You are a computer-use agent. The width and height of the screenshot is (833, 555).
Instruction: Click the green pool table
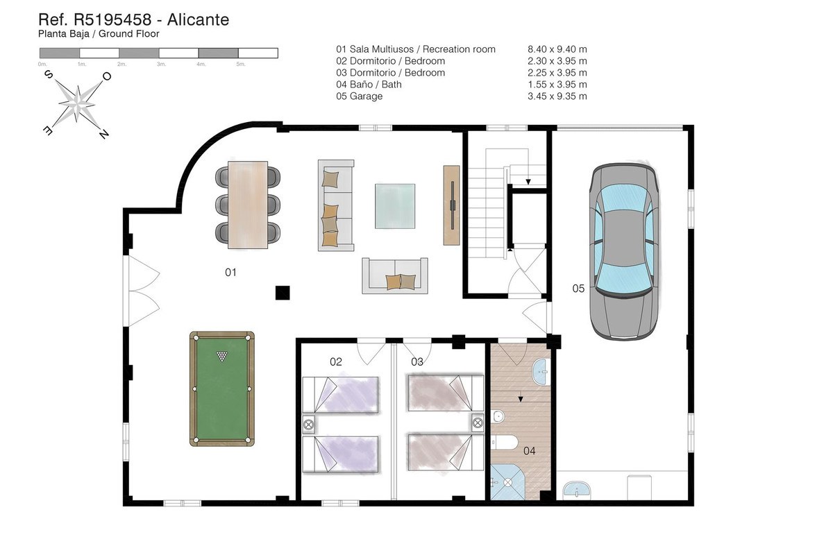(222, 388)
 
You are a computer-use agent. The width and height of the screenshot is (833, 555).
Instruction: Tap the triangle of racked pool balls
(222, 356)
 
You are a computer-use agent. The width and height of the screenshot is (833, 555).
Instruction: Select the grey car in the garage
(623, 252)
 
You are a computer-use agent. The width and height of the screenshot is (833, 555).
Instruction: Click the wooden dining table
(248, 205)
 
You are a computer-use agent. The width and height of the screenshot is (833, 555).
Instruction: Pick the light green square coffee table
(395, 206)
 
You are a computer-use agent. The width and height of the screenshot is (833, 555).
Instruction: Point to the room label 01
(230, 273)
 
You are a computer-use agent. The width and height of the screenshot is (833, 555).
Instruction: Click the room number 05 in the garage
(578, 289)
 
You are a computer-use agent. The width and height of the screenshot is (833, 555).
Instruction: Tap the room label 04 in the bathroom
(529, 451)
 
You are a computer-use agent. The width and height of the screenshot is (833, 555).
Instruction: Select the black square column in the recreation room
(283, 293)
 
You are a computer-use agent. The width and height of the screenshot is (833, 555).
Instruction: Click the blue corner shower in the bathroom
(507, 481)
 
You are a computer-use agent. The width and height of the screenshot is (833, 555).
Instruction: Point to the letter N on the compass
(103, 134)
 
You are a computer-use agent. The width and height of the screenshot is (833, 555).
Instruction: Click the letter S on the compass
(49, 74)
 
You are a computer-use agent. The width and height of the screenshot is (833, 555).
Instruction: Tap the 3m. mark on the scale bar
(161, 65)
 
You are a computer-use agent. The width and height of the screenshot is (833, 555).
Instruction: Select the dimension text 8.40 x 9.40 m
(557, 49)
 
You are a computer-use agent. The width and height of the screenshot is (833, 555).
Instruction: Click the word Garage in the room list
(367, 96)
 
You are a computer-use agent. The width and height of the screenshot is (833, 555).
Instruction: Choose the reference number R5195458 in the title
(112, 19)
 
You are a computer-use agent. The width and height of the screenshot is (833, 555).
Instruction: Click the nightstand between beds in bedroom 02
(309, 424)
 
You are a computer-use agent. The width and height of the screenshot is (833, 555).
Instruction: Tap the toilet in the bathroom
(505, 443)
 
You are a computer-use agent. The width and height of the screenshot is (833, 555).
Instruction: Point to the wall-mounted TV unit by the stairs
(451, 205)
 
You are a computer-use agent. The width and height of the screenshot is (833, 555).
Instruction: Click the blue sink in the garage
(576, 490)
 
